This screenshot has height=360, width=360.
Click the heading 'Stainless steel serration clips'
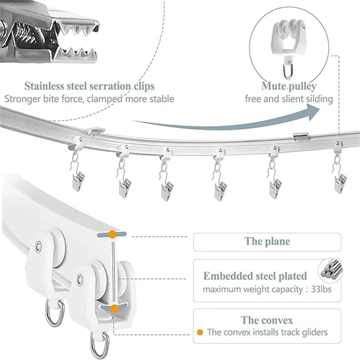click(x=89, y=86)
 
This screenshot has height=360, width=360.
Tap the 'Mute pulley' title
click(x=289, y=86)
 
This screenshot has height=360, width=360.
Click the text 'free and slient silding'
click(x=289, y=99)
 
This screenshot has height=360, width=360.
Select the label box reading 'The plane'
click(x=267, y=242)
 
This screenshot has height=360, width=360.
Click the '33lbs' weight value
click(x=321, y=289)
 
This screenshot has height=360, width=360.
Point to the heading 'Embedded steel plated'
click(x=255, y=276)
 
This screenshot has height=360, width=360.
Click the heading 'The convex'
click(x=267, y=320)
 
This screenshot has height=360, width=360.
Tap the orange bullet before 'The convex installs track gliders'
click(x=200, y=332)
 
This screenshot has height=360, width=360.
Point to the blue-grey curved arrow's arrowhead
click(x=313, y=112)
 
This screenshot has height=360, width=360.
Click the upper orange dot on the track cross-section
click(x=112, y=234)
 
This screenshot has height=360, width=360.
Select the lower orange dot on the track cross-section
click(x=114, y=309)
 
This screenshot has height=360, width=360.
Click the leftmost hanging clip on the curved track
click(x=78, y=179)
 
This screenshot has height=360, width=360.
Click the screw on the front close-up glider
click(x=80, y=279)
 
